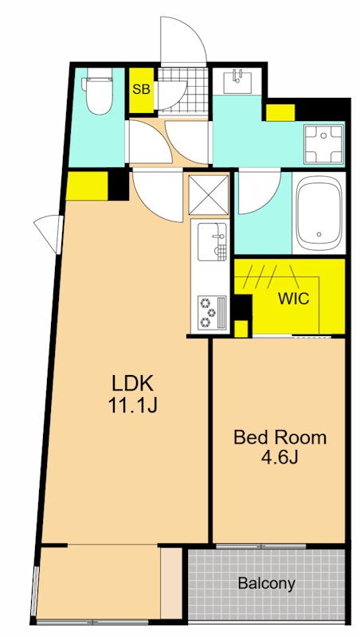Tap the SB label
(x=142, y=90)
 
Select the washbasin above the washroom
(x=237, y=81)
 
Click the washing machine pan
(x=324, y=144)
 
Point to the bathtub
(x=319, y=213)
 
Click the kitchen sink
(x=212, y=242)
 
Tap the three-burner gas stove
(x=212, y=312)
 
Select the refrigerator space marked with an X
(x=209, y=194)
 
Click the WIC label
(x=293, y=299)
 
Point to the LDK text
(x=132, y=384)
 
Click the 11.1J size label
(x=132, y=405)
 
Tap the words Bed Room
(x=280, y=437)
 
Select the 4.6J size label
(x=280, y=458)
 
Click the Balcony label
(x=267, y=584)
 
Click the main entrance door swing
(x=184, y=41)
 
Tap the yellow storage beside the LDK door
(x=87, y=186)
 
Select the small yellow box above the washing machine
(x=280, y=112)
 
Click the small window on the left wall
(x=49, y=234)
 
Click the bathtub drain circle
(x=319, y=234)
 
